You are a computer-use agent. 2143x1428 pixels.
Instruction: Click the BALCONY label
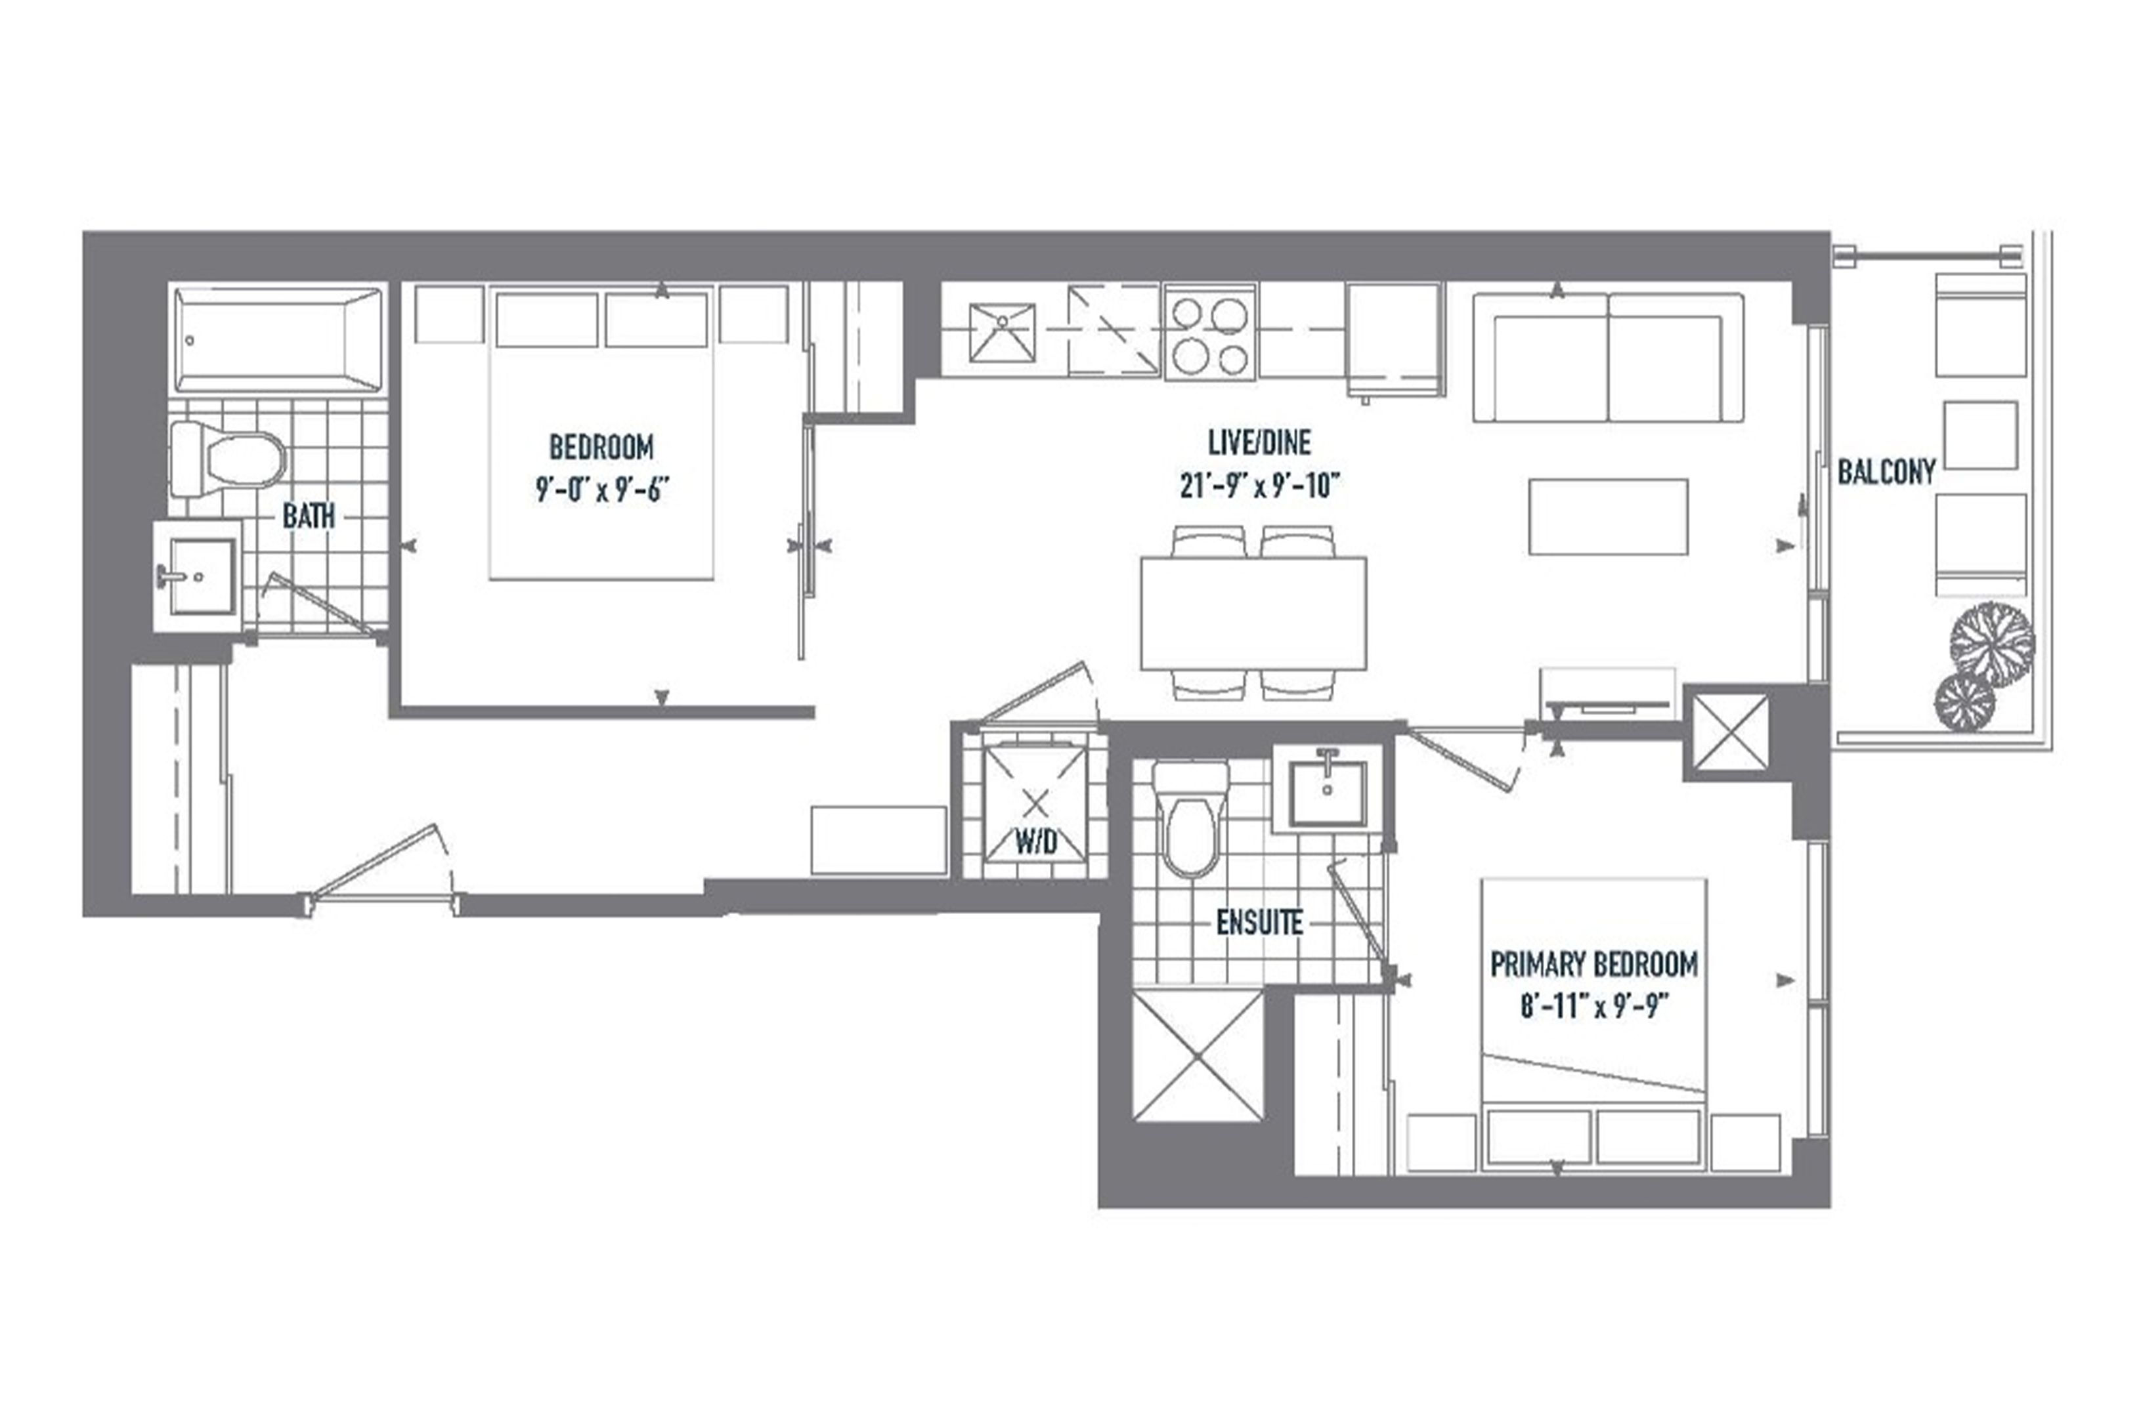(x=1886, y=472)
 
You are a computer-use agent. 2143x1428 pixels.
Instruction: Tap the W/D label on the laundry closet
(x=1036, y=843)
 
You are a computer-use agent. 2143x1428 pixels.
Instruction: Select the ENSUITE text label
(x=1259, y=923)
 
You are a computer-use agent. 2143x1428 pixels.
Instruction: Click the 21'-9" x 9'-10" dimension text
(x=1259, y=487)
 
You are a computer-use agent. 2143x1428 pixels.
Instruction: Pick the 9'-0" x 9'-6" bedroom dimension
(x=601, y=491)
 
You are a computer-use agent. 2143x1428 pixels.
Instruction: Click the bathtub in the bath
(x=278, y=340)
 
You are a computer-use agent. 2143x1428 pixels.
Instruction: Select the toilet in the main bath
(x=228, y=458)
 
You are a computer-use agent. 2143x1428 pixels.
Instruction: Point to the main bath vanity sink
(x=198, y=576)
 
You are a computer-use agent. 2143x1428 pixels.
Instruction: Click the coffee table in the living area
(x=1608, y=516)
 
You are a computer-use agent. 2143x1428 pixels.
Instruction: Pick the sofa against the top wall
(x=1608, y=357)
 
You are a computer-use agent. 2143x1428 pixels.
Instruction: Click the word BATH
(x=308, y=516)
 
